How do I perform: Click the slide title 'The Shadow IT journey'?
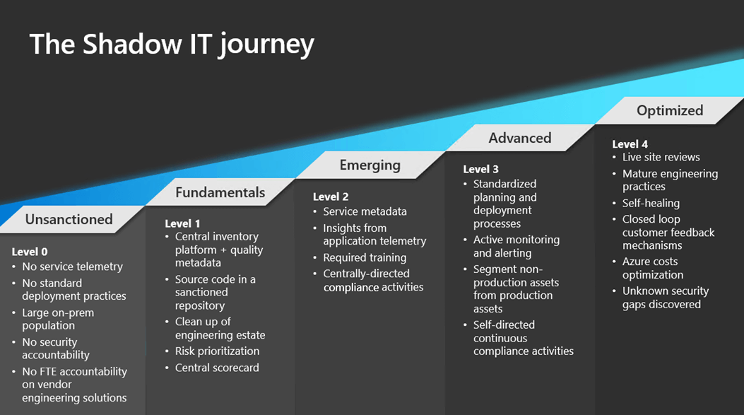point(172,44)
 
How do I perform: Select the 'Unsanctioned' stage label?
point(69,219)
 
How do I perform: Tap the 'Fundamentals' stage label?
point(220,192)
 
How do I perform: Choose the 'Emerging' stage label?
point(370,165)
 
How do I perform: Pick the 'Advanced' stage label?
point(519,138)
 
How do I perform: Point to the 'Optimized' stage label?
point(669,110)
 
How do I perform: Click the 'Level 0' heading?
point(30,252)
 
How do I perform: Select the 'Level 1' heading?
point(182,223)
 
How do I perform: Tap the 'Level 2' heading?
point(331,197)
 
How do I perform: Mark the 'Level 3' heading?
point(480,169)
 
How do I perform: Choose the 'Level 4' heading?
point(630,144)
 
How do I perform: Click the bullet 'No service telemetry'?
point(72,267)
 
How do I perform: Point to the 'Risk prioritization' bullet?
point(217,351)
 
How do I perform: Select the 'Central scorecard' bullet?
point(217,368)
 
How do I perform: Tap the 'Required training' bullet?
point(365,257)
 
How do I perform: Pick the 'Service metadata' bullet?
point(365,211)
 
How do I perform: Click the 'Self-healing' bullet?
point(651,203)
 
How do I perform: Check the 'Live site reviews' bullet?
point(661,157)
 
